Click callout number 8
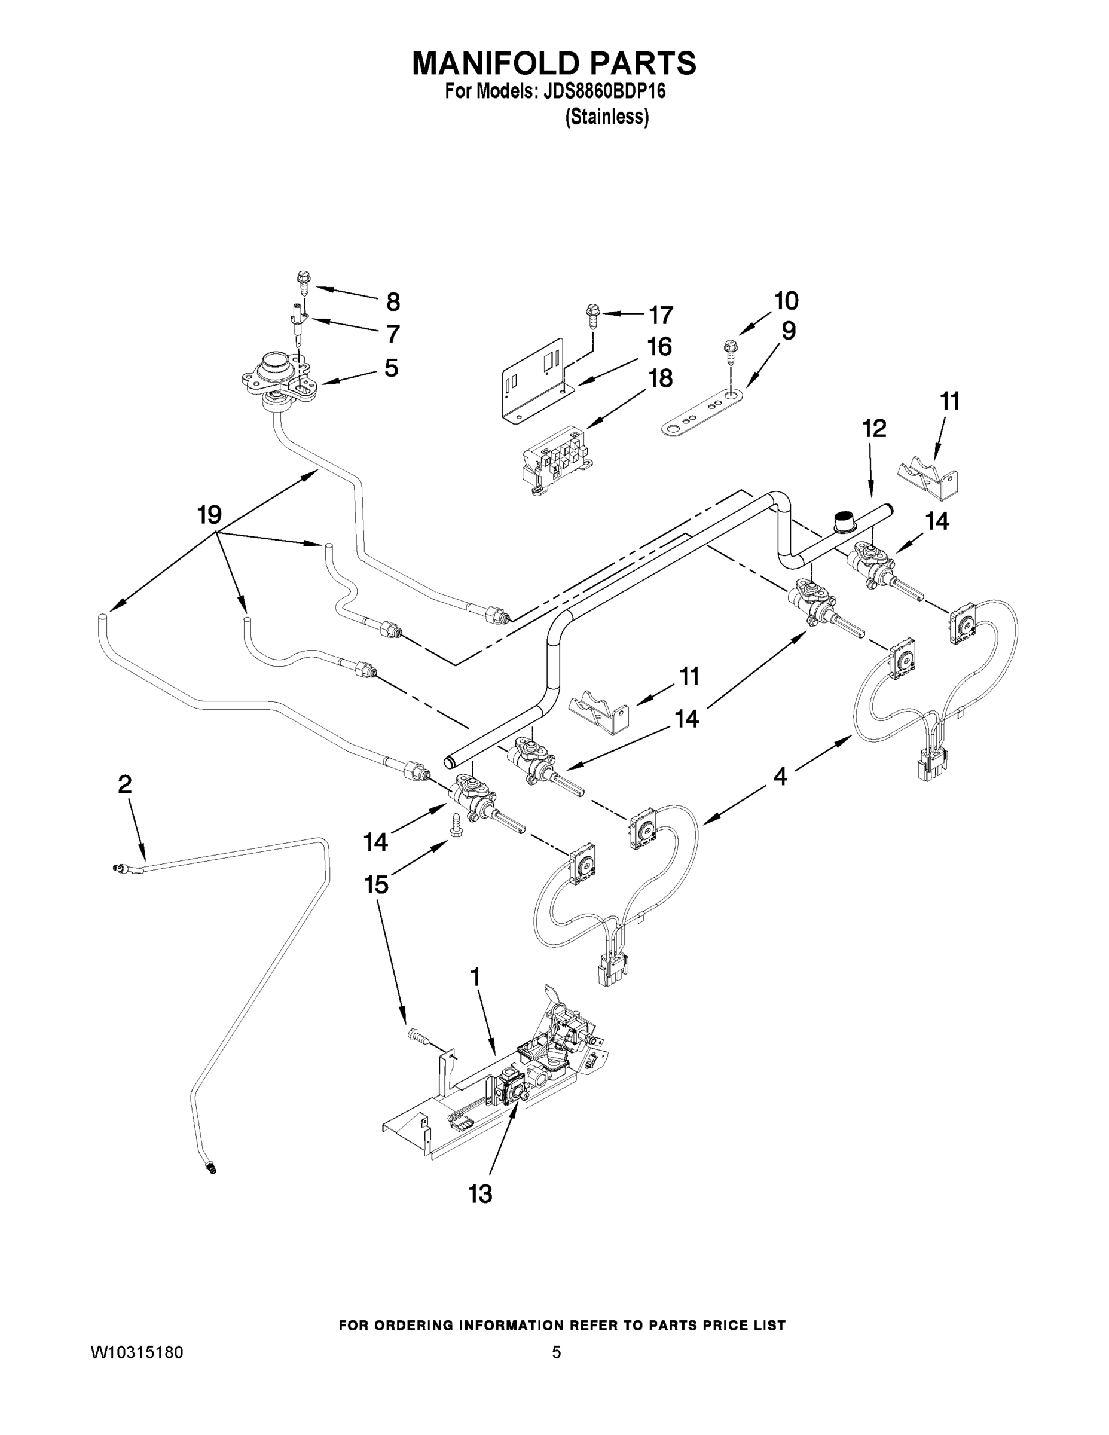[392, 301]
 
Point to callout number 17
[661, 315]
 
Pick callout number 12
[874, 428]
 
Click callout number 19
[210, 514]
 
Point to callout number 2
[125, 784]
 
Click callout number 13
[480, 1194]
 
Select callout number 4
[779, 777]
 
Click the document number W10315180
[137, 1352]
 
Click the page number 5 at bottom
[556, 1352]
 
